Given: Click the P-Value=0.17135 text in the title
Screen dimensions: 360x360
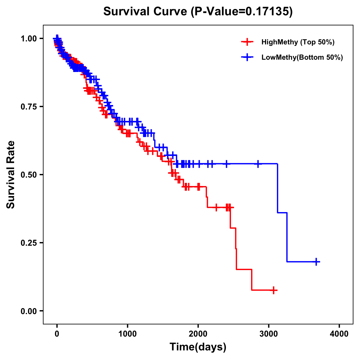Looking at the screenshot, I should (242, 11).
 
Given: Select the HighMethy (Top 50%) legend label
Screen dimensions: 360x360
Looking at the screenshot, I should (298, 42).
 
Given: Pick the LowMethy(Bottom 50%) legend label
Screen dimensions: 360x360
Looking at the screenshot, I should (302, 57).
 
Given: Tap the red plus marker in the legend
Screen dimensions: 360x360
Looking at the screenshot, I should (247, 42).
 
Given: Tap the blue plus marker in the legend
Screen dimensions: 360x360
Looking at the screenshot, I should (247, 57).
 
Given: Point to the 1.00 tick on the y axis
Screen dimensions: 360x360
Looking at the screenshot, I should (29, 38).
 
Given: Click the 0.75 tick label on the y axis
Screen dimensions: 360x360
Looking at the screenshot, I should (29, 106).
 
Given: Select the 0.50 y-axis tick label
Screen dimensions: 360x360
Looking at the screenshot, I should (29, 175).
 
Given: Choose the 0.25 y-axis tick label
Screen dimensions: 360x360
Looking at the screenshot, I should (29, 243).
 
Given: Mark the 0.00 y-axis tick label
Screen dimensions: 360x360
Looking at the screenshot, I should (29, 311).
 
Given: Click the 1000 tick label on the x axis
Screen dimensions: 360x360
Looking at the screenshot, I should (127, 334).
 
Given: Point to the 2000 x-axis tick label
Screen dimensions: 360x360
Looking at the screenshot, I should (198, 334).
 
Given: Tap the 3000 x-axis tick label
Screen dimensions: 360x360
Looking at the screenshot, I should (269, 334).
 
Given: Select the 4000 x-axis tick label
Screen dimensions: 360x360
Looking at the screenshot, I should (339, 334).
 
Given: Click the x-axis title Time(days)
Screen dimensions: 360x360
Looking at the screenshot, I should (198, 347).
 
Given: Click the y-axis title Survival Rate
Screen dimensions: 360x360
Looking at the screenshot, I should (11, 175).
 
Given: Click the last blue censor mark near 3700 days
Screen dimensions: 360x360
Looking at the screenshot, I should (316, 262).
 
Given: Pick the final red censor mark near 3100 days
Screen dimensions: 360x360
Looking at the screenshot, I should (274, 290).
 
